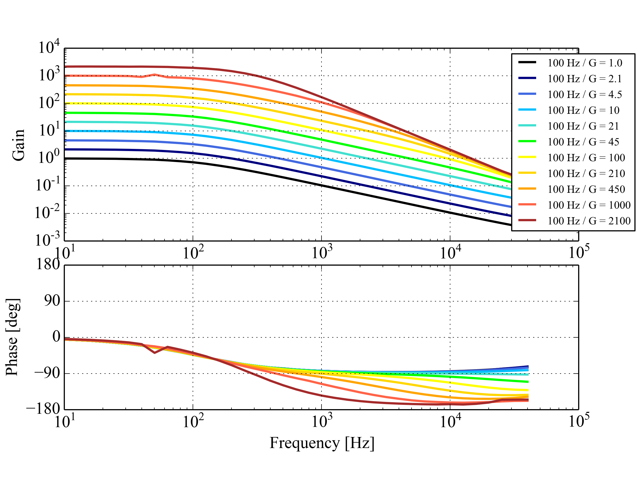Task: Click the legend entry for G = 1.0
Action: coord(585,63)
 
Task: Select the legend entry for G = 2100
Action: coord(589,221)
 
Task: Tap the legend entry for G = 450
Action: coord(586,189)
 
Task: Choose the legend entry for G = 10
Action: coord(583,110)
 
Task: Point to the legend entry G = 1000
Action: coord(589,205)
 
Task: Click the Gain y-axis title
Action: coord(18,145)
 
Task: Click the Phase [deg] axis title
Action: coord(13,337)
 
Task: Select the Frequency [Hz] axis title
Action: coord(322,443)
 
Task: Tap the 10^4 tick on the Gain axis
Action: coord(49,47)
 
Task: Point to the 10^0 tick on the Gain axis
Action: coord(49,158)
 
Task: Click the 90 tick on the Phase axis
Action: coord(52,301)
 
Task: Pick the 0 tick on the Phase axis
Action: coord(56,337)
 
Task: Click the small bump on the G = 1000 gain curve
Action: coord(155,75)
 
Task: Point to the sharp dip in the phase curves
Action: coord(155,352)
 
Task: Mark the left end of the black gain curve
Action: coord(65,159)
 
